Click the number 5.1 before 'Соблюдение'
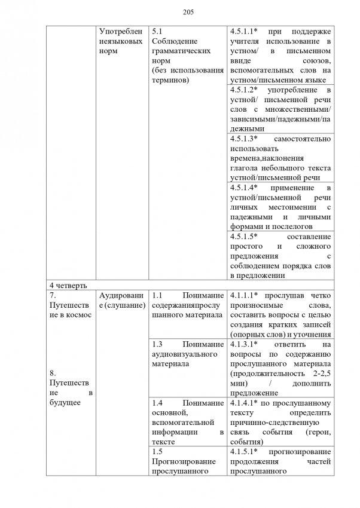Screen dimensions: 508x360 tap(157, 30)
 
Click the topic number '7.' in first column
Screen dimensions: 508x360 tap(53, 295)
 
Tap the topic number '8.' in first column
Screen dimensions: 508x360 tap(53, 373)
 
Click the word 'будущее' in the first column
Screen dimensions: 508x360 tap(66, 403)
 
